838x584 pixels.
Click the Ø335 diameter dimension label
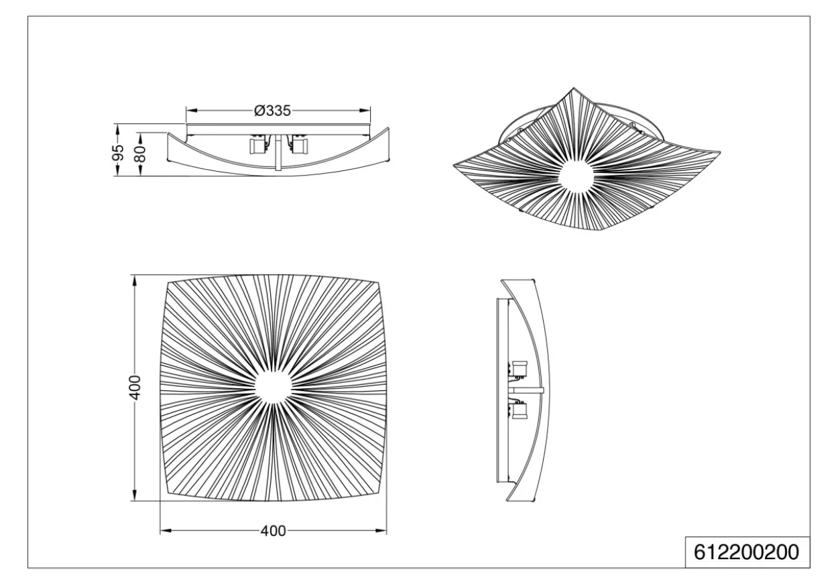tap(272, 111)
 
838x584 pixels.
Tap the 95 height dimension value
tap(118, 152)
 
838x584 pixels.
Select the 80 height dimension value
tap(141, 154)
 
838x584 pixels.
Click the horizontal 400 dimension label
tap(273, 531)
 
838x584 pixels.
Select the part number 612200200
tap(746, 552)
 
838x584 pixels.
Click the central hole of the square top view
tap(273, 386)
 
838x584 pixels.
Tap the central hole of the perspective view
tap(576, 175)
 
